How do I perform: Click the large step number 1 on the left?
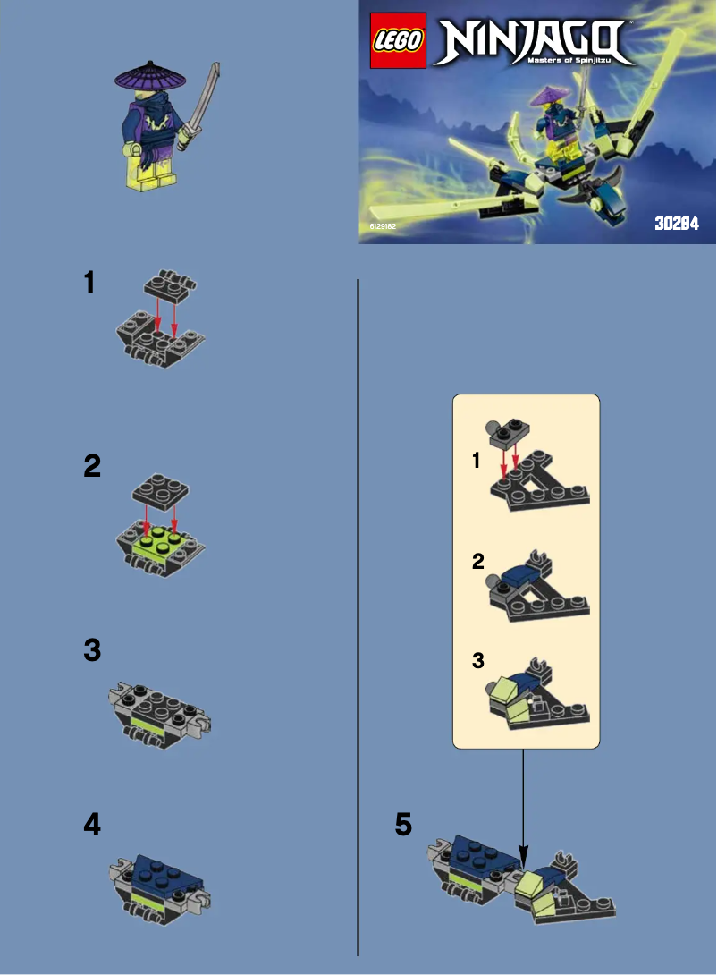pos(89,284)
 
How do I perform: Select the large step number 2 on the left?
pos(91,465)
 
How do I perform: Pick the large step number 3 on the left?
pos(91,651)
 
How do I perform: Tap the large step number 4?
pos(91,826)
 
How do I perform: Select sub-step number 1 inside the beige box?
pos(477,462)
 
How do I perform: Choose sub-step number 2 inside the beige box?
pos(478,562)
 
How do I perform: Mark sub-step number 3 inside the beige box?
pos(478,660)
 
